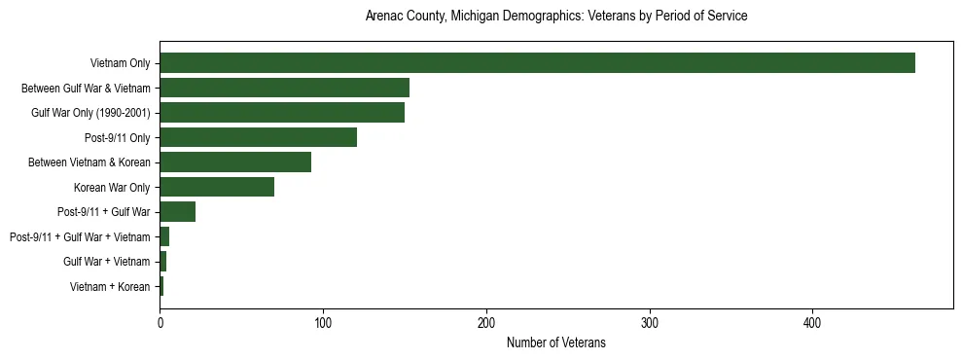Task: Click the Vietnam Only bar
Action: [x=537, y=63]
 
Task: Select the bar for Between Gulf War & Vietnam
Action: [x=284, y=88]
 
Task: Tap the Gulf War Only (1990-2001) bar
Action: [x=282, y=113]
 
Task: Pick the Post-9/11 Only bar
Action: [x=258, y=137]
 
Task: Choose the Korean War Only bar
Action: [x=217, y=187]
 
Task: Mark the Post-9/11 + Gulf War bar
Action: [x=178, y=212]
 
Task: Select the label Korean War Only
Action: [x=112, y=187]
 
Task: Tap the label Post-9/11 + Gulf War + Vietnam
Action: [x=80, y=236]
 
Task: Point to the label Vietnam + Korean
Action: [x=110, y=287]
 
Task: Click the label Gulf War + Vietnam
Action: [x=107, y=262]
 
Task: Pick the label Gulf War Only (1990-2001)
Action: [x=90, y=113]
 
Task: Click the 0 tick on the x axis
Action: [x=160, y=323]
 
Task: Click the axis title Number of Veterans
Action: [x=556, y=342]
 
